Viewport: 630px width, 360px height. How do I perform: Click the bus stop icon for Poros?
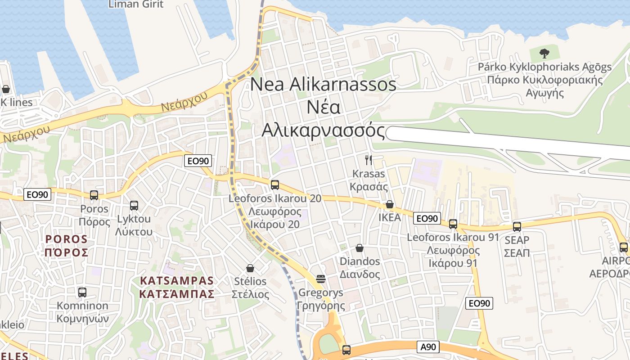(94, 195)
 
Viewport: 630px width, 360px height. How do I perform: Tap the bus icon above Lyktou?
(134, 206)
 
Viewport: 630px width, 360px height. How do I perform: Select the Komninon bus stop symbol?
(82, 292)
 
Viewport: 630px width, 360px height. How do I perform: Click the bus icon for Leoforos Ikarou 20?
(275, 185)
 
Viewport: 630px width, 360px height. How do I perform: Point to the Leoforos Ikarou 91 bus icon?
(453, 224)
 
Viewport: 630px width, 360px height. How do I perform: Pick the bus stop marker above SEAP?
(517, 227)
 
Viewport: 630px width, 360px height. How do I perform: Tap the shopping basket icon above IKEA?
(390, 204)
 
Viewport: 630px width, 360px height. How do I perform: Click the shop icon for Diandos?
(360, 248)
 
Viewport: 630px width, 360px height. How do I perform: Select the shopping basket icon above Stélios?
(250, 268)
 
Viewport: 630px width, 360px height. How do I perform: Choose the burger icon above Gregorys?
(321, 279)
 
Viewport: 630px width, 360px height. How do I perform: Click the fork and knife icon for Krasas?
(369, 160)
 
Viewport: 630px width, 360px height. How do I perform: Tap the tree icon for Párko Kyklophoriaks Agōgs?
(544, 54)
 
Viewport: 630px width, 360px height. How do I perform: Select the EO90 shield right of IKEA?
(426, 219)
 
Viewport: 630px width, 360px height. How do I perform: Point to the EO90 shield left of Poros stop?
(37, 195)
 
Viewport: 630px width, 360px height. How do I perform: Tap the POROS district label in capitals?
(66, 245)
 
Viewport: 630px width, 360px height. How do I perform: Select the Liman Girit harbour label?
(136, 4)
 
